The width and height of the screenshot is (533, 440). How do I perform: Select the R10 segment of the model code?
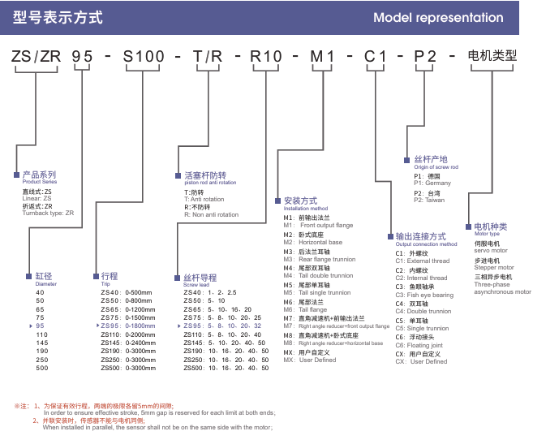[268, 57]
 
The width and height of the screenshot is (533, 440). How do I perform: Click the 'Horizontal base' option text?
[320, 243]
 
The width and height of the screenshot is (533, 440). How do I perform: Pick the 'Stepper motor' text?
[494, 267]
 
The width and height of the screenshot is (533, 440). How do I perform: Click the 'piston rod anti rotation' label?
[205, 183]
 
